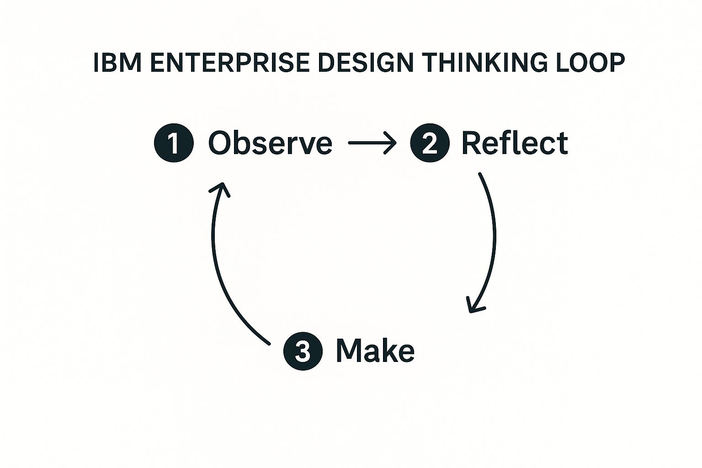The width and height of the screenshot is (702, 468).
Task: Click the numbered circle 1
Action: (x=174, y=143)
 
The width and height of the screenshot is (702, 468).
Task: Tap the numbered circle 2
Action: (x=430, y=143)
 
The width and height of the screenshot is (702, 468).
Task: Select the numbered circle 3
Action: (x=303, y=351)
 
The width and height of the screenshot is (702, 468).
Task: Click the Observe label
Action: (x=270, y=143)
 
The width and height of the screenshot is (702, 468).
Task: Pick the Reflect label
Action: (x=515, y=143)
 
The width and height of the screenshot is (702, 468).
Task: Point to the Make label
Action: (x=375, y=351)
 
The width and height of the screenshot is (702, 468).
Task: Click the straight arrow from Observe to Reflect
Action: (x=371, y=143)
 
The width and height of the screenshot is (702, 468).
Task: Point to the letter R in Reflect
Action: (x=472, y=143)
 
